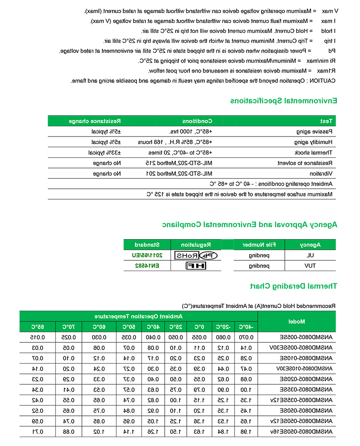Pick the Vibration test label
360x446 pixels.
pyautogui.click(x=322, y=173)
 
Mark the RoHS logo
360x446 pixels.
pyautogui.click(x=196, y=255)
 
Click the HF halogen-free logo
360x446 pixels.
pyautogui.click(x=196, y=266)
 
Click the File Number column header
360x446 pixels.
pyautogui.click(x=259, y=245)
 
